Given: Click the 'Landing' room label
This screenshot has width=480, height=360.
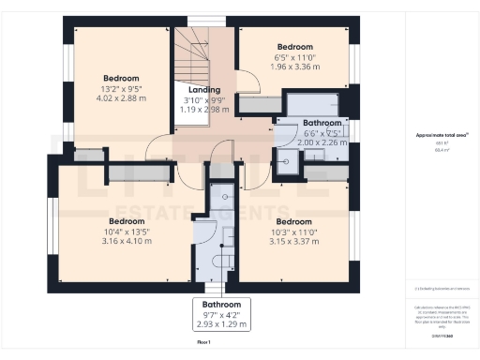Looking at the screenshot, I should click(x=204, y=89).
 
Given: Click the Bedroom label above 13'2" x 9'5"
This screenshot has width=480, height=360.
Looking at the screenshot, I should click(x=121, y=78).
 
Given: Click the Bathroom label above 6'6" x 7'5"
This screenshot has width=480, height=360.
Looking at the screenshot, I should click(x=322, y=123).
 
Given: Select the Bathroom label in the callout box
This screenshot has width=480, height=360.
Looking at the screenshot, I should click(x=223, y=305).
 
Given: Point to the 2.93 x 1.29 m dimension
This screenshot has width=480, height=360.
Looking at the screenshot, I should click(x=223, y=324).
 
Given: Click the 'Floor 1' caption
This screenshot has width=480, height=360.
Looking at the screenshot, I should click(x=203, y=344).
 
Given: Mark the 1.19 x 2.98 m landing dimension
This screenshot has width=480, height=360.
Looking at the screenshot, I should click(x=204, y=109).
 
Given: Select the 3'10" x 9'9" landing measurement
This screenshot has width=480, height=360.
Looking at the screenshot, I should click(x=204, y=99).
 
